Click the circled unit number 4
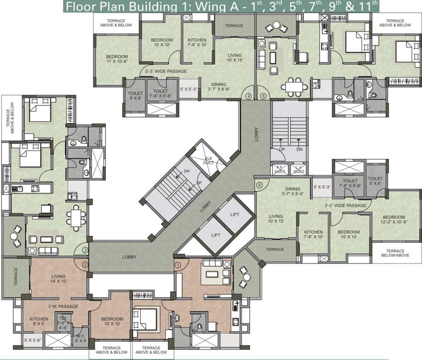pyautogui.click(x=249, y=96)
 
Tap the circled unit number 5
pyautogui.click(x=263, y=96)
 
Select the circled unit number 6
pyautogui.click(x=259, y=185)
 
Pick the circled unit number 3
pyautogui.click(x=85, y=250)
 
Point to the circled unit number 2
pyautogui.click(x=85, y=264)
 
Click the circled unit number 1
pyautogui.click(x=178, y=264)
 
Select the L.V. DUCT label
pyautogui.click(x=299, y=169)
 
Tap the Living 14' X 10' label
pyautogui.click(x=59, y=279)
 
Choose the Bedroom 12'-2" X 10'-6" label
pyautogui.click(x=393, y=220)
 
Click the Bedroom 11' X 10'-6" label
pyautogui.click(x=117, y=59)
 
